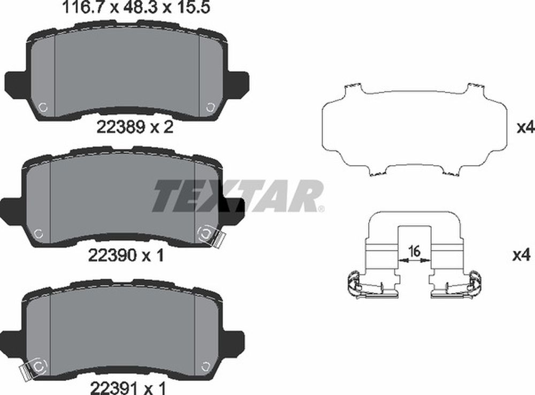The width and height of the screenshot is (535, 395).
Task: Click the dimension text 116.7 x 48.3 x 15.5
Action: point(135,7)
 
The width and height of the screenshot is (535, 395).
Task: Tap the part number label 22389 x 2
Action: point(135,128)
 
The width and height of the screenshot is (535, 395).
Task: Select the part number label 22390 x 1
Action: point(126,255)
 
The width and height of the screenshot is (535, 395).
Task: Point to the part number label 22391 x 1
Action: point(128,388)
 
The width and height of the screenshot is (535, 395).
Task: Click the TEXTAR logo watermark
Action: point(237,196)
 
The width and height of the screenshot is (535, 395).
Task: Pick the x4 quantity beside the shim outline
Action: point(525,128)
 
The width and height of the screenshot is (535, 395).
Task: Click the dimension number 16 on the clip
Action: point(415,251)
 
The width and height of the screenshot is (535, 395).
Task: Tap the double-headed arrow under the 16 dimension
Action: point(415,260)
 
